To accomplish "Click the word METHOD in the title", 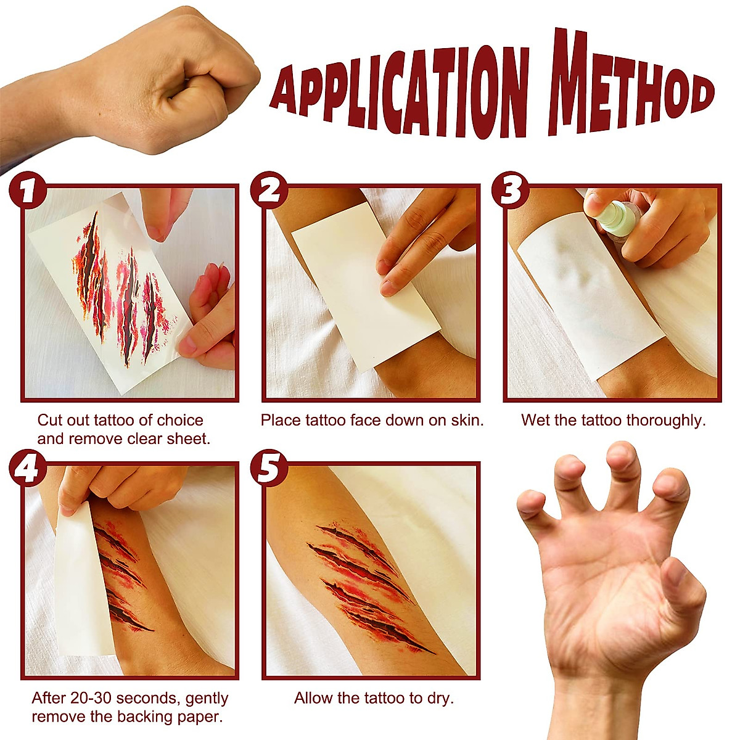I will tap(629, 86).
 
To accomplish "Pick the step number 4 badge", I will tap(28, 468).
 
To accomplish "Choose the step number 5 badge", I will tap(269, 468).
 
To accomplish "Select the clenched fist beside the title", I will tap(166, 80).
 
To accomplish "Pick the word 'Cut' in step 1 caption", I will tap(49, 421).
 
